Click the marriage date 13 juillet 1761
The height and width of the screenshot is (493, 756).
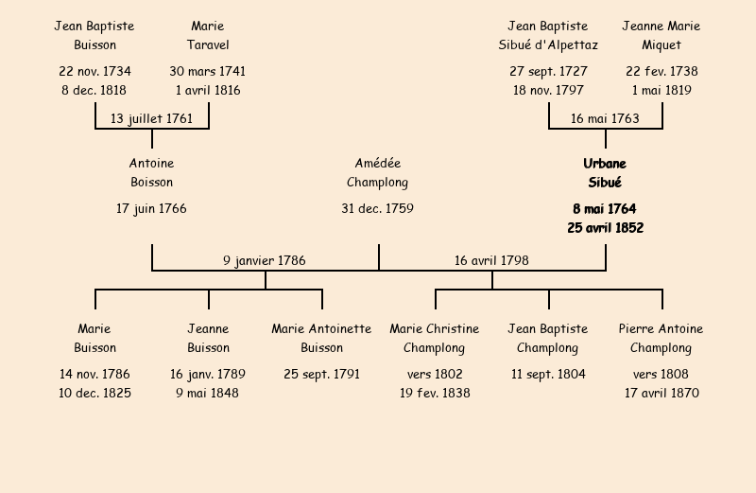(x=151, y=119)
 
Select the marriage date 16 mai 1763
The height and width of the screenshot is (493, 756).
(x=605, y=119)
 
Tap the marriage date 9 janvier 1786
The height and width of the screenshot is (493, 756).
(x=265, y=260)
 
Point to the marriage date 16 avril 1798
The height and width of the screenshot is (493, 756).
(x=491, y=260)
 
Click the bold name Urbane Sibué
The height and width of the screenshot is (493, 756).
(x=605, y=173)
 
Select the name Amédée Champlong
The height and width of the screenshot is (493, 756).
(x=378, y=173)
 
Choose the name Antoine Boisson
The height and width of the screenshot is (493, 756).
(x=151, y=173)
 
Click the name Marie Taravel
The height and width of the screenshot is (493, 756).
(x=208, y=36)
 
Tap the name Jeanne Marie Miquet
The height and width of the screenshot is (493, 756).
(x=661, y=36)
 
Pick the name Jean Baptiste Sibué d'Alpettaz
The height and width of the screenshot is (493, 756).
(x=548, y=36)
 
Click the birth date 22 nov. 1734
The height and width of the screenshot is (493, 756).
(x=94, y=71)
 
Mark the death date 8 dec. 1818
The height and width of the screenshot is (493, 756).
(x=94, y=91)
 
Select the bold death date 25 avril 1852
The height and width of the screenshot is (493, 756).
(x=605, y=228)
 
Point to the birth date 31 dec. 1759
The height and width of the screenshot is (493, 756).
(x=378, y=208)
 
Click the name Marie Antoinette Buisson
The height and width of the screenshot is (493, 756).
(x=321, y=339)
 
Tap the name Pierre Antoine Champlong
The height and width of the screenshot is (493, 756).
(x=661, y=339)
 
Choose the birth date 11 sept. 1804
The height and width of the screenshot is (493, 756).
(x=548, y=374)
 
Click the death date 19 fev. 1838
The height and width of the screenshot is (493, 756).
(x=435, y=394)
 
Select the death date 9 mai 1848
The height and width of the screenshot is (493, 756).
(x=208, y=394)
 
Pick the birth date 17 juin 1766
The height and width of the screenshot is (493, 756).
(x=151, y=208)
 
